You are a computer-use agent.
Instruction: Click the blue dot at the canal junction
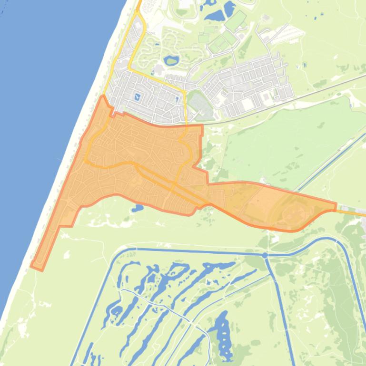(x=265, y=255)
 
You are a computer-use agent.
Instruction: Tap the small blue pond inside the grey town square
(x=138, y=97)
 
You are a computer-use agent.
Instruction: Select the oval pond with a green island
(x=171, y=61)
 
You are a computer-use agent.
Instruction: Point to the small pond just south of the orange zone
(x=137, y=208)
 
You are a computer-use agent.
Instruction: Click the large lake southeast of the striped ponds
(x=220, y=328)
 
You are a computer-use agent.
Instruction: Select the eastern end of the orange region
(x=335, y=206)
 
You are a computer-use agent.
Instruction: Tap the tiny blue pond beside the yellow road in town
(x=178, y=99)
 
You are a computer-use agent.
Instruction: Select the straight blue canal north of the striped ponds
(x=190, y=250)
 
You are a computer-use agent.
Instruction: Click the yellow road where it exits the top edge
(x=139, y=2)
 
